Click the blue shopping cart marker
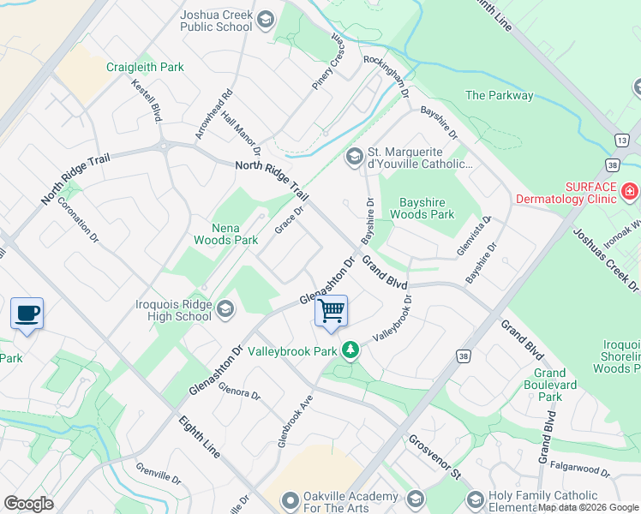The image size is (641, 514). [331, 311]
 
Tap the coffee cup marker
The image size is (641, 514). [27, 313]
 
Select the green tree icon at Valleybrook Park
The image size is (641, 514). [350, 350]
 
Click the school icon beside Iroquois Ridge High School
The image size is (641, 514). [225, 308]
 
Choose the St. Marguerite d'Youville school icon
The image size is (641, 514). [354, 157]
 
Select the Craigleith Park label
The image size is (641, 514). [145, 67]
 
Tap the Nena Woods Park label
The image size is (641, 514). [236, 234]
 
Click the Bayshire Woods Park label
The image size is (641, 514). [427, 208]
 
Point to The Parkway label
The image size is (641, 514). [499, 95]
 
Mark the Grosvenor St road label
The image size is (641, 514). [434, 457]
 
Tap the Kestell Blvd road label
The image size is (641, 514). [147, 101]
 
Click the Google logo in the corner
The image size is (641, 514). [28, 504]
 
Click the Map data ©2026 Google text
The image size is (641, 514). [588, 507]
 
